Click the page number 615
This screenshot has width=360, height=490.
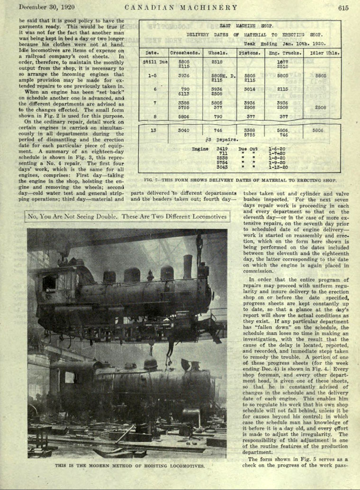tap(343, 8)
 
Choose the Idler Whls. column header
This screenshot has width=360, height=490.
tap(324, 53)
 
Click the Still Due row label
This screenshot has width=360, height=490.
tap(155, 62)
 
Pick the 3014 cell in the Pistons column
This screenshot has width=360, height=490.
tap(249, 89)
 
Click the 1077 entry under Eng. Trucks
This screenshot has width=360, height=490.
tap(282, 62)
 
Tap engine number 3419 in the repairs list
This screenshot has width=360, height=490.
tap(222, 149)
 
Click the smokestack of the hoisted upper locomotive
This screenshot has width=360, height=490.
tap(188, 266)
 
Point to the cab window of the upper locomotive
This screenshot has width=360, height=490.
tap(49, 283)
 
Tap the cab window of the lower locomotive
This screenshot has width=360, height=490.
tap(69, 377)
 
